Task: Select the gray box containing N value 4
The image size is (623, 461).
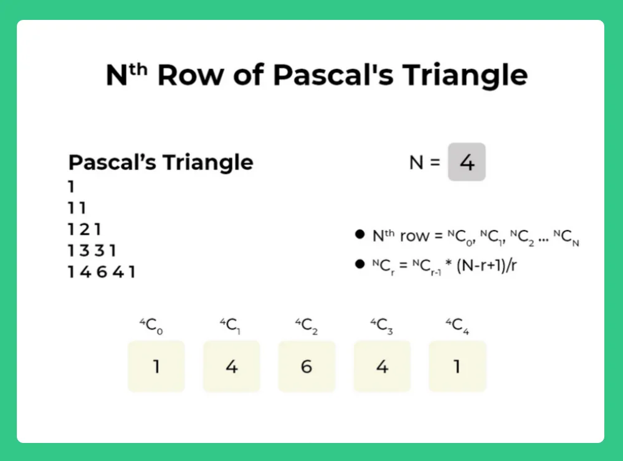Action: pos(467,163)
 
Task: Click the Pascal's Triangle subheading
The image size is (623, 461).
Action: pos(161,163)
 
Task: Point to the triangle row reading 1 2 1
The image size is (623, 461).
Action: pos(85,229)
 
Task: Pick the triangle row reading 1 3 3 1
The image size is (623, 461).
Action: pos(92,251)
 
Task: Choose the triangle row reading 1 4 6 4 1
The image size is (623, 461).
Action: pos(102,272)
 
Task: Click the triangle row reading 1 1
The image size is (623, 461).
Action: pos(77,208)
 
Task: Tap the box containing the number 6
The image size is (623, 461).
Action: pos(307,366)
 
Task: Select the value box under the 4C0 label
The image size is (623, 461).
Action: pos(156,366)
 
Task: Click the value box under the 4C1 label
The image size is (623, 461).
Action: pos(231,366)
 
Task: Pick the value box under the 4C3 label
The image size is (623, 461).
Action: pos(382,366)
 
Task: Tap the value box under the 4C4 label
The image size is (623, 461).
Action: pos(457,366)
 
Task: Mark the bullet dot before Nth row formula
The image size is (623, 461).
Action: pos(359,235)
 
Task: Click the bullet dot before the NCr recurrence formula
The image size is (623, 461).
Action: pos(359,264)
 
